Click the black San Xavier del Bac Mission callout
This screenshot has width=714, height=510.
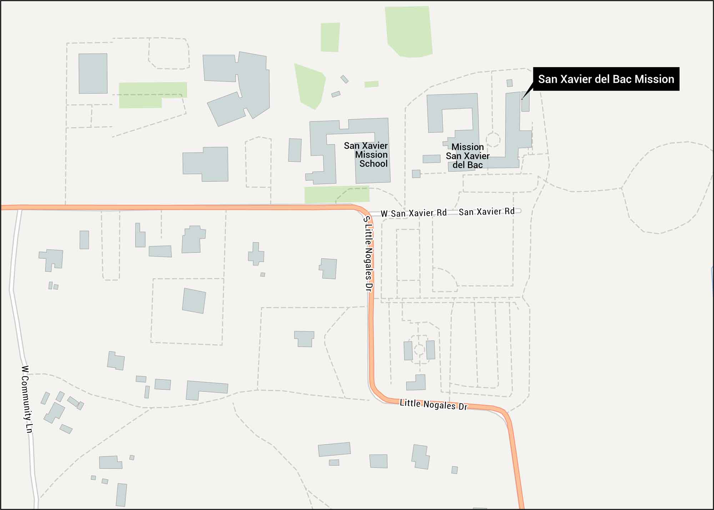point(606,79)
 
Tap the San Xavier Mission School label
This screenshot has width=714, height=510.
point(366,155)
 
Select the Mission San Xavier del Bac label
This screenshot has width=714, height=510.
point(467,156)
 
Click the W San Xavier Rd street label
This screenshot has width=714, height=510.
point(413,213)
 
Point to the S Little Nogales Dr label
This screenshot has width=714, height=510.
point(368,254)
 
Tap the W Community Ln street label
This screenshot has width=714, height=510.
point(27,399)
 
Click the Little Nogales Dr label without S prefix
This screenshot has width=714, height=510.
point(433,405)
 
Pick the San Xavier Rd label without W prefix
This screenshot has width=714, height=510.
point(487,212)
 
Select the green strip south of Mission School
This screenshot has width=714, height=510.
point(337,195)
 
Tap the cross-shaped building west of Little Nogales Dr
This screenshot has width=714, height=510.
point(256,254)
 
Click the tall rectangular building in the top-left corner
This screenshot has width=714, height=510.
point(93,74)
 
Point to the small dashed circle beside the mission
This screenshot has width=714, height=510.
point(493,140)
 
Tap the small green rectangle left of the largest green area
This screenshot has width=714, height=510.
point(330,37)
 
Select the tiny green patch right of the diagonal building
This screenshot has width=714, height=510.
point(371,84)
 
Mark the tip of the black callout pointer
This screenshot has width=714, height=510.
point(522,99)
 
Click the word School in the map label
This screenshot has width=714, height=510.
point(373,164)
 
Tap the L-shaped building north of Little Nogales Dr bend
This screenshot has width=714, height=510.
point(416,383)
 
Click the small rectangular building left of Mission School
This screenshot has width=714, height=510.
point(295,150)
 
